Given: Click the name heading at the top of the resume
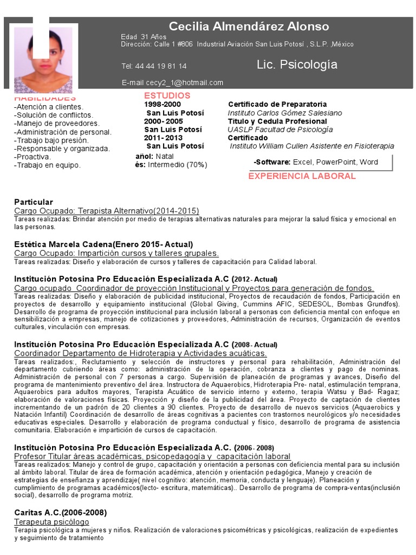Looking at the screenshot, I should coord(249,27).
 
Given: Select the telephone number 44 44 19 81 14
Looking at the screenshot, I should coord(154,66).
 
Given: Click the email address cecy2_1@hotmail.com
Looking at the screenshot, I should coord(172,83).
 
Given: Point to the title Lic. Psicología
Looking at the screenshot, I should coord(297,65).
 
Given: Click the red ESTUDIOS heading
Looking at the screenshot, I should coord(167,96).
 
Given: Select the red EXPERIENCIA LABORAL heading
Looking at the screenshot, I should coord(302,176).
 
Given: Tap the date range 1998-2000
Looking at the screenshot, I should coord(162,105).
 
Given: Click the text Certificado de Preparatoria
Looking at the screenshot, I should coord(277,105).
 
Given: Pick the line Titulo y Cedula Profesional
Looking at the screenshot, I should coord(277,121).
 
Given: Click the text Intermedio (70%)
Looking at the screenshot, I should coord(177,165).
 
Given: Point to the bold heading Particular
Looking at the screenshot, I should coord(34,202).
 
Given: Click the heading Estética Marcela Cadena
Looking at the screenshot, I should coord(103,244).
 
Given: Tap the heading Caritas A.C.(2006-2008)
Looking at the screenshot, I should coord(60,513).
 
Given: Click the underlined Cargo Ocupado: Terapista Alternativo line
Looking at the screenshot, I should coord(106,210).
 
